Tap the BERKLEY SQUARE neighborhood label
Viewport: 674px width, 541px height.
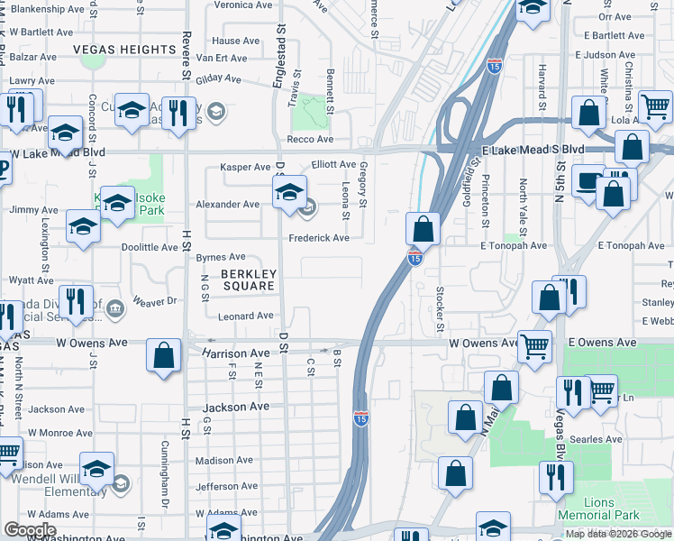(x=248, y=280)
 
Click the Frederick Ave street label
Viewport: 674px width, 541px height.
(x=318, y=238)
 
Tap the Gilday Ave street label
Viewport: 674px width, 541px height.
(x=218, y=79)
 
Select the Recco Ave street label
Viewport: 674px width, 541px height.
(x=309, y=140)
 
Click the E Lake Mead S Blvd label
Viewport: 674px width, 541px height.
(x=533, y=149)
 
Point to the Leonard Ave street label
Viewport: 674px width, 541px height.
(x=245, y=316)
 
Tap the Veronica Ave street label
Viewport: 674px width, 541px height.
(x=242, y=5)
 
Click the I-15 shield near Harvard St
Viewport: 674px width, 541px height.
(x=494, y=66)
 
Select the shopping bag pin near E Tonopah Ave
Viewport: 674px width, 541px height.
(x=422, y=228)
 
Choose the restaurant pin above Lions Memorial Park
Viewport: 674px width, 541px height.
(x=556, y=475)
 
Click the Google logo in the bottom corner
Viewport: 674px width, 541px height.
(x=30, y=530)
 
